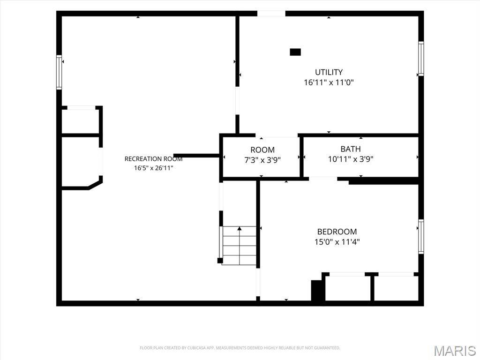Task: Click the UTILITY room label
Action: click(329, 72)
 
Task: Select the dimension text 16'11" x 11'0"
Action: click(329, 82)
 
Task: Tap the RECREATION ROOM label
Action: click(153, 159)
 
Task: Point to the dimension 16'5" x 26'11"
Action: click(153, 168)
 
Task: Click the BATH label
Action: click(351, 149)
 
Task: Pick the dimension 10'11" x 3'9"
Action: click(351, 159)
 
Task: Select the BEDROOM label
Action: click(337, 232)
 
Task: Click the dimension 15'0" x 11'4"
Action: click(337, 242)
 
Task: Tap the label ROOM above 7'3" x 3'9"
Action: click(262, 150)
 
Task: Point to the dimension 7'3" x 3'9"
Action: click(262, 160)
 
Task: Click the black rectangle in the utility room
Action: click(295, 52)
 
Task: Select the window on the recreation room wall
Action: click(59, 73)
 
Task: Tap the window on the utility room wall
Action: click(421, 59)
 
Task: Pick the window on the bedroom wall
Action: click(421, 237)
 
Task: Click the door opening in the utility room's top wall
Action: click(271, 14)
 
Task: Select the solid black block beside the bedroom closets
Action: click(316, 291)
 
